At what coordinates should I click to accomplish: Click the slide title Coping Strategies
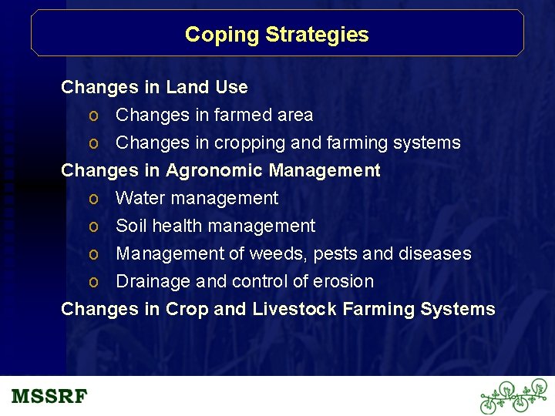tap(277, 35)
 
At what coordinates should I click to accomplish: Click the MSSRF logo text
tap(50, 397)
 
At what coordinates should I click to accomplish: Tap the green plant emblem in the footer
tap(513, 397)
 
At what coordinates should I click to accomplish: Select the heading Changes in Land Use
tap(154, 87)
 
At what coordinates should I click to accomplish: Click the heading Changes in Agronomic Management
tap(220, 170)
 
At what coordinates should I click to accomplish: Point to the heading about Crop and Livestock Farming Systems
tap(277, 309)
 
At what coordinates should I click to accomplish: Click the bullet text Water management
tap(197, 198)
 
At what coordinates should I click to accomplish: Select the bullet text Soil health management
tap(215, 226)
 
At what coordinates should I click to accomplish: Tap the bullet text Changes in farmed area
tap(214, 115)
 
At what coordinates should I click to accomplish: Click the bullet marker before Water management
tap(92, 199)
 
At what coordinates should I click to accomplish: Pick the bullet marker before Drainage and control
tap(92, 282)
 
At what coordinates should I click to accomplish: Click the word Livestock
tap(294, 309)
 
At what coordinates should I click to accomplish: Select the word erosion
tap(343, 281)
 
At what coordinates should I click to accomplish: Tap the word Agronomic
tap(209, 170)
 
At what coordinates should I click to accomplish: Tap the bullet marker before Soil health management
tap(92, 226)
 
